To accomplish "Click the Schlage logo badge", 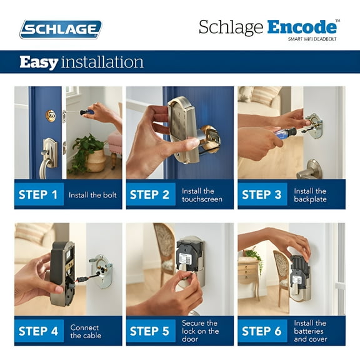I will click(x=60, y=29).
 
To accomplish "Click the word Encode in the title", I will click(x=302, y=27).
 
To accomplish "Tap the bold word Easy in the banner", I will click(x=39, y=62).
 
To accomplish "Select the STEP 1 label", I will click(x=38, y=194).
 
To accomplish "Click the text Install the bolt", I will click(x=92, y=195).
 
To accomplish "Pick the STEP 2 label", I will click(x=149, y=194).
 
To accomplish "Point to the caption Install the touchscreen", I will click(x=202, y=195).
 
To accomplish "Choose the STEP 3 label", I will click(x=261, y=194).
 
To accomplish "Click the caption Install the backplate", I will click(x=310, y=195).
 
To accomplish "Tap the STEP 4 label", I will click(x=38, y=331).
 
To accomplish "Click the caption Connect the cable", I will click(x=84, y=331).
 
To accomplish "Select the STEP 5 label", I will click(x=149, y=331).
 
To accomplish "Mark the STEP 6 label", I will click(x=261, y=331).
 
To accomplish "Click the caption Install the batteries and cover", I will click(x=310, y=331).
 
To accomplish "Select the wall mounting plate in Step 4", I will click(x=101, y=271).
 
